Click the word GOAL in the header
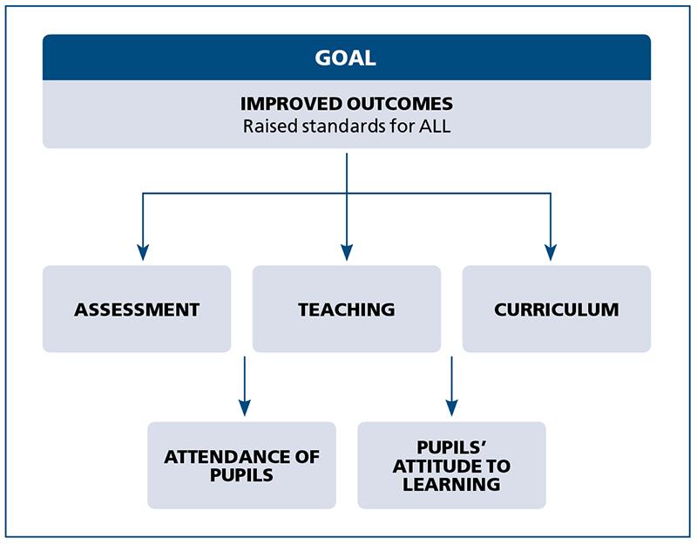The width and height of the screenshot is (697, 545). (x=345, y=58)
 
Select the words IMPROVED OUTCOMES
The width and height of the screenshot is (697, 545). (x=347, y=104)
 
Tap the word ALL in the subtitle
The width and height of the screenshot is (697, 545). (x=435, y=126)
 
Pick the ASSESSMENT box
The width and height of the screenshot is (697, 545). (x=137, y=310)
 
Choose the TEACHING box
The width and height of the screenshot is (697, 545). (x=347, y=310)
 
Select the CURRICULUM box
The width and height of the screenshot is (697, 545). (x=557, y=310)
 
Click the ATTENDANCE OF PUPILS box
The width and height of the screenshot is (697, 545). (x=242, y=466)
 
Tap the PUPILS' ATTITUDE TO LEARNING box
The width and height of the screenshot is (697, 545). (x=451, y=466)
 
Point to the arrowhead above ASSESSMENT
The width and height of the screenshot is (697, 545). (x=143, y=252)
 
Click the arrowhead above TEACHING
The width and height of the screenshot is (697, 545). (x=347, y=252)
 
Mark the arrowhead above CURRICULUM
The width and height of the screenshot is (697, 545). (x=551, y=252)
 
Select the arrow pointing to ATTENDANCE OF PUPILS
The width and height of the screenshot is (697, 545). (x=245, y=386)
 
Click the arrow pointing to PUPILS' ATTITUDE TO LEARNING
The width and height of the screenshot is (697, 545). (x=451, y=386)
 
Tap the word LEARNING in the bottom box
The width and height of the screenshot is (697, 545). (x=451, y=485)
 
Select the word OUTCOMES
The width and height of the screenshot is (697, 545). (x=400, y=104)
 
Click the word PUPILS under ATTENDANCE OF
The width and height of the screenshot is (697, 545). (x=241, y=475)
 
